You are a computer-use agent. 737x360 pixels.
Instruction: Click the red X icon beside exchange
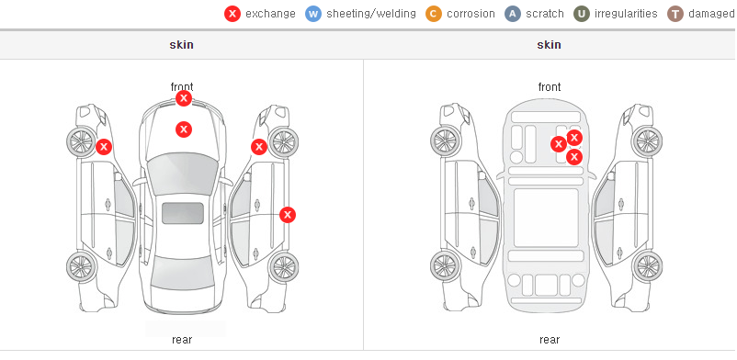[x=232, y=14]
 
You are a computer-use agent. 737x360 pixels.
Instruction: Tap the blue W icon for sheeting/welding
[x=313, y=14]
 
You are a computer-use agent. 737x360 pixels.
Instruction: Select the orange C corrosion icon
[x=434, y=14]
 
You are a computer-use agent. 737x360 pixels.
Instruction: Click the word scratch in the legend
[x=545, y=14]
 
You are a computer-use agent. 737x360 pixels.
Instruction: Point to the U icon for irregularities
[x=582, y=14]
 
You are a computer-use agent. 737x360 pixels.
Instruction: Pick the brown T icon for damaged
[x=675, y=14]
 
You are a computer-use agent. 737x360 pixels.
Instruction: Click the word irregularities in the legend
[x=626, y=14]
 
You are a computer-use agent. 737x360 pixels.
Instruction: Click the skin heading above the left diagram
[x=181, y=45]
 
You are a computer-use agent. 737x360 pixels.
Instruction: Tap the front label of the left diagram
[x=182, y=87]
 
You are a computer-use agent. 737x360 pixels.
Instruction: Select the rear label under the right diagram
[x=550, y=340]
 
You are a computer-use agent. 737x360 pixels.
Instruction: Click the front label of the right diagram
[x=550, y=87]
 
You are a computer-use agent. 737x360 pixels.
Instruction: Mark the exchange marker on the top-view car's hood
[x=184, y=129]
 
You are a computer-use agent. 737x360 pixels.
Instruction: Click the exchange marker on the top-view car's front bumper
[x=184, y=98]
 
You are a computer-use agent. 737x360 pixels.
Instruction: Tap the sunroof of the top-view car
[x=183, y=213]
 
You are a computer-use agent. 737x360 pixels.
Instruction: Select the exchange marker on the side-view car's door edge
[x=288, y=215]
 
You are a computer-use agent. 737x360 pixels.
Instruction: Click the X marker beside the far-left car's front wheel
[x=104, y=147]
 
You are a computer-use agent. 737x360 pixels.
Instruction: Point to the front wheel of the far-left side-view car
[x=81, y=141]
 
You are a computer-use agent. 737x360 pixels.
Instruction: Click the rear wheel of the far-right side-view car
[x=648, y=266]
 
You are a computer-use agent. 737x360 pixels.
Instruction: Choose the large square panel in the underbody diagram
[x=546, y=218]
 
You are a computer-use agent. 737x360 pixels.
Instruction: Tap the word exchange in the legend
[x=270, y=14]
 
